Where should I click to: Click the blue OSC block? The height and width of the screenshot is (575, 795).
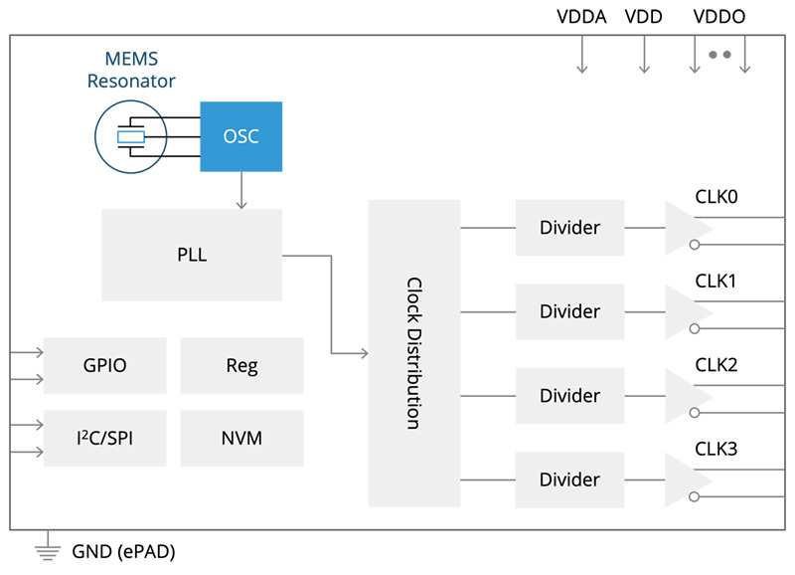(x=241, y=135)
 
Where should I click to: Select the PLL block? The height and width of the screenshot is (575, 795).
(x=192, y=255)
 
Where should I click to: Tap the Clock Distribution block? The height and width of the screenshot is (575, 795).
(x=413, y=353)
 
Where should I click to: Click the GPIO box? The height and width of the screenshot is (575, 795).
(x=104, y=365)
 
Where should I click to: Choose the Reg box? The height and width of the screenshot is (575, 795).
(x=241, y=365)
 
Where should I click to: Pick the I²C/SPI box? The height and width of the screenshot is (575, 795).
(x=104, y=438)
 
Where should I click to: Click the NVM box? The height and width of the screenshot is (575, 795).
(x=241, y=438)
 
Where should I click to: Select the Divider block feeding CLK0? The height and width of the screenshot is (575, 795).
(x=569, y=228)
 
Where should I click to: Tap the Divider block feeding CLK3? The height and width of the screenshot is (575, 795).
(x=569, y=479)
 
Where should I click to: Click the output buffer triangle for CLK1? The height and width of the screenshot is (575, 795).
(x=686, y=311)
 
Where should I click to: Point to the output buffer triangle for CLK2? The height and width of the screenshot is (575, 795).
(x=686, y=396)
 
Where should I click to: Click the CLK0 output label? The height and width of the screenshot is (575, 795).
(x=715, y=197)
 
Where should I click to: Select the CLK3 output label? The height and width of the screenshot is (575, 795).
(x=715, y=449)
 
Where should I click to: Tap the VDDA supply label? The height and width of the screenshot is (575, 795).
(x=581, y=17)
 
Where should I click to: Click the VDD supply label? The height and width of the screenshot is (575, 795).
(x=643, y=17)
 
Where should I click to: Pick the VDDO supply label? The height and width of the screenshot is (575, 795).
(x=718, y=17)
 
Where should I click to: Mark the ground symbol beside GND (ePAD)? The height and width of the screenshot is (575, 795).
(x=44, y=550)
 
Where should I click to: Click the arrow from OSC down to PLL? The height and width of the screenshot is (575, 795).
(x=241, y=190)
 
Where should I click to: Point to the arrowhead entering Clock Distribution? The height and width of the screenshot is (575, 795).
(x=363, y=353)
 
